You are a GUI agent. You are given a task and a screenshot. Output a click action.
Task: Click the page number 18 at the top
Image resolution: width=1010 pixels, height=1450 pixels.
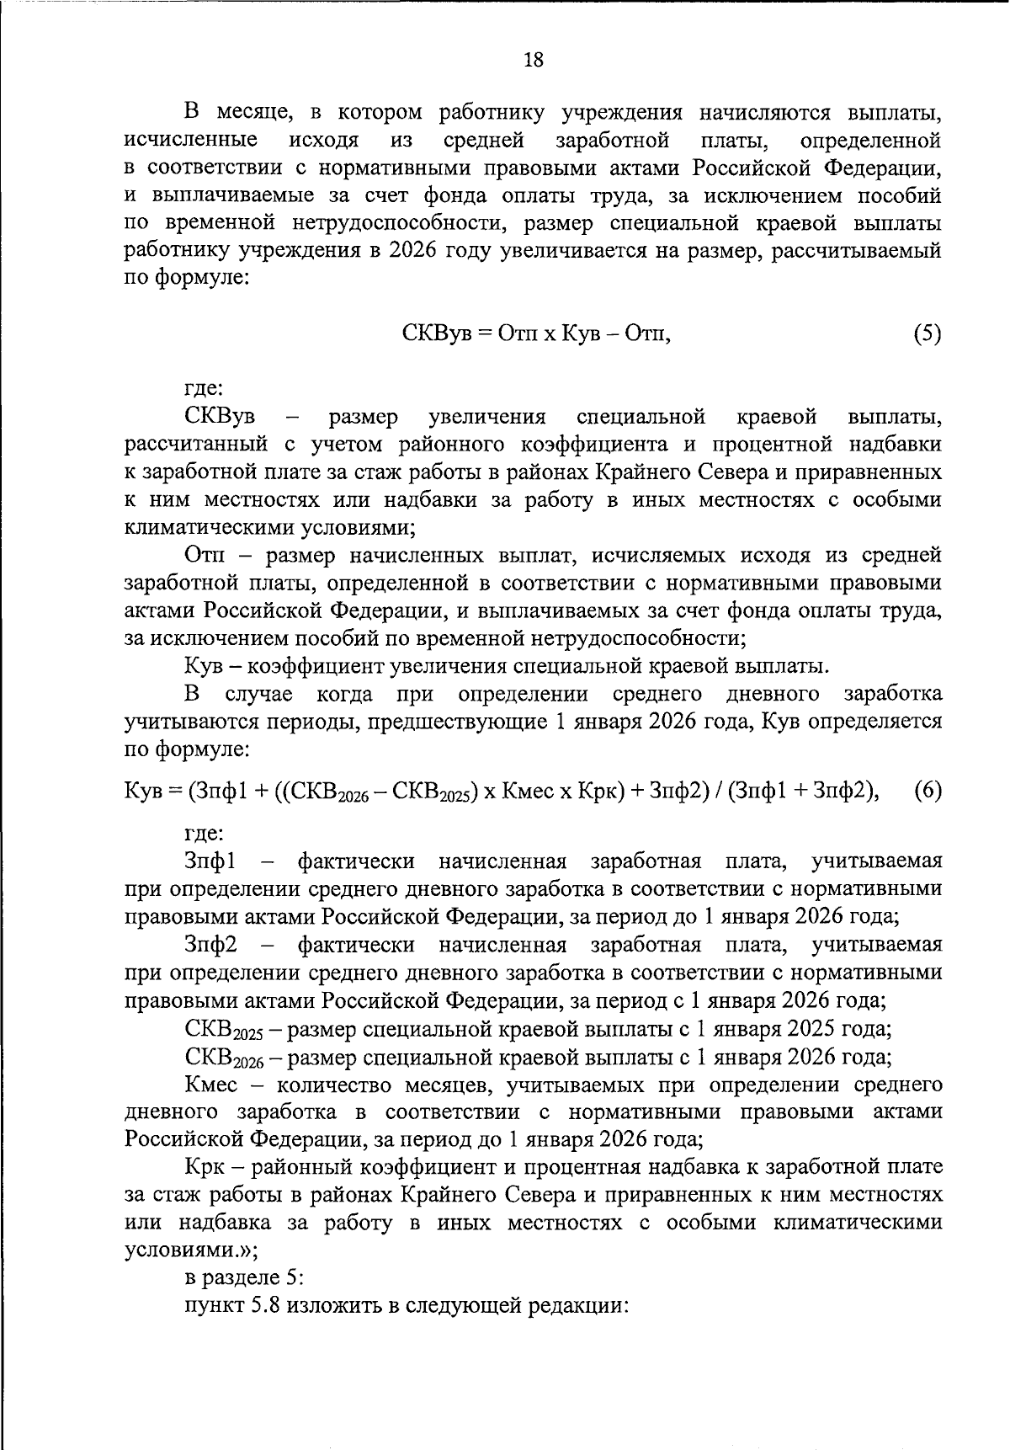click(x=534, y=59)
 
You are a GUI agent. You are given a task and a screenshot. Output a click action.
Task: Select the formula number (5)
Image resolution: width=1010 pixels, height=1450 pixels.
click(x=927, y=333)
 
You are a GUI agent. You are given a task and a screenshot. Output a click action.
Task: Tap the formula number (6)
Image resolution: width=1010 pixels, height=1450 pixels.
click(x=928, y=791)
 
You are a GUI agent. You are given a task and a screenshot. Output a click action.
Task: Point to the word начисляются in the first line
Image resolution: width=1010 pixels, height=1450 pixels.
click(x=758, y=112)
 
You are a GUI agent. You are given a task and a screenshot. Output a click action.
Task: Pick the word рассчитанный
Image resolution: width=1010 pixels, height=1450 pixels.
click(x=196, y=444)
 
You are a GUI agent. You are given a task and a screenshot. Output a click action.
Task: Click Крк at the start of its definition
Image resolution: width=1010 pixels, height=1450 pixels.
click(x=205, y=1168)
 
